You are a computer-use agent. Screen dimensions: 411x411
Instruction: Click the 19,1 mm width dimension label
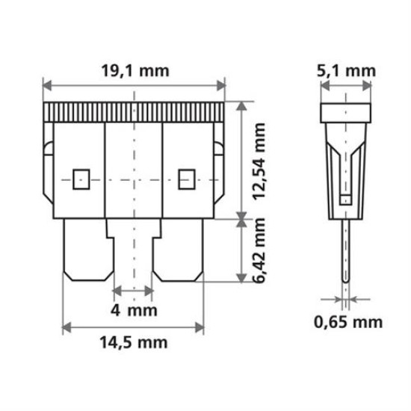tap(135, 71)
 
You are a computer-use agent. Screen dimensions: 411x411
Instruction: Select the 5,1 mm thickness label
tap(347, 71)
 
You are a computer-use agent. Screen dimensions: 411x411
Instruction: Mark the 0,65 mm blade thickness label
tap(347, 322)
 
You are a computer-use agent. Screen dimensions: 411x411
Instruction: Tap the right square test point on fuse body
tap(186, 179)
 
